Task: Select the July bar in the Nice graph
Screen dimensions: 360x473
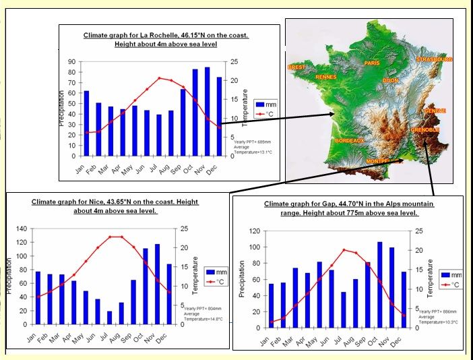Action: (109, 317)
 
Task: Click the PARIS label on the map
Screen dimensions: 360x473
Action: (372, 63)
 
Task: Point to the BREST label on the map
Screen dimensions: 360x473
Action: (296, 67)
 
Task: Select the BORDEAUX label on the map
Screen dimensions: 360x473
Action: (349, 140)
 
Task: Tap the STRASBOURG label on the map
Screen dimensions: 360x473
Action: (434, 59)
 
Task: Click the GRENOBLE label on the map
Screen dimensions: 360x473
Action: (424, 129)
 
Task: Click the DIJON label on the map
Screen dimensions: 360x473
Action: (390, 80)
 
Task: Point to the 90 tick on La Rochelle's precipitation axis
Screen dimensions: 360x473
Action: (71, 62)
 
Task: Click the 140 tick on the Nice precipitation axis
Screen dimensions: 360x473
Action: (21, 229)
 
